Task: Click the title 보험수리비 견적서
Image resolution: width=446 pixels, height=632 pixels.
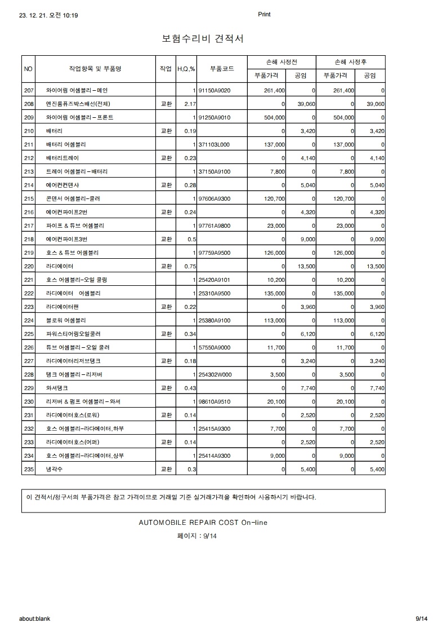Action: click(x=202, y=39)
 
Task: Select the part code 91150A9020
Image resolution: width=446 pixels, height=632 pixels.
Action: click(x=215, y=90)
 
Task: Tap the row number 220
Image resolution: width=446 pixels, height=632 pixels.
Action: click(x=29, y=266)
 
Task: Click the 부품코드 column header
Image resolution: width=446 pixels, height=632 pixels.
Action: click(x=222, y=69)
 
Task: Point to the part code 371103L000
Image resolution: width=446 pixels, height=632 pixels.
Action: click(x=215, y=144)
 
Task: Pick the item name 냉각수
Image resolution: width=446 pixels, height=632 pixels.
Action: click(x=55, y=469)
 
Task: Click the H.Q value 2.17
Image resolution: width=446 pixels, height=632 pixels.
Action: click(x=189, y=104)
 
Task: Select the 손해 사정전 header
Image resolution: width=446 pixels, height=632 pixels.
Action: click(x=282, y=61)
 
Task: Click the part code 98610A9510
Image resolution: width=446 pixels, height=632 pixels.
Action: click(x=215, y=401)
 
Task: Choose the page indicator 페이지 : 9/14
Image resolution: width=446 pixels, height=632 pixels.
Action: click(x=197, y=536)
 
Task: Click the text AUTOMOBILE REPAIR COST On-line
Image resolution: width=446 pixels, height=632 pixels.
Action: click(x=203, y=523)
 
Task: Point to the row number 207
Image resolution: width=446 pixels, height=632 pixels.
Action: click(x=29, y=90)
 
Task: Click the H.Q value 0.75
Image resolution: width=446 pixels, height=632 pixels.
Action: click(x=189, y=266)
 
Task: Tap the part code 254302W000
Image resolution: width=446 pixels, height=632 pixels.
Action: click(x=215, y=374)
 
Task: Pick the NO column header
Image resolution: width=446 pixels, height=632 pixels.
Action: click(x=29, y=69)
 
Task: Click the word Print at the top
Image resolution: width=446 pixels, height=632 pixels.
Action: click(x=264, y=15)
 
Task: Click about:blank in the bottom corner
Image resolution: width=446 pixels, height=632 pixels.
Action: click(x=34, y=618)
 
